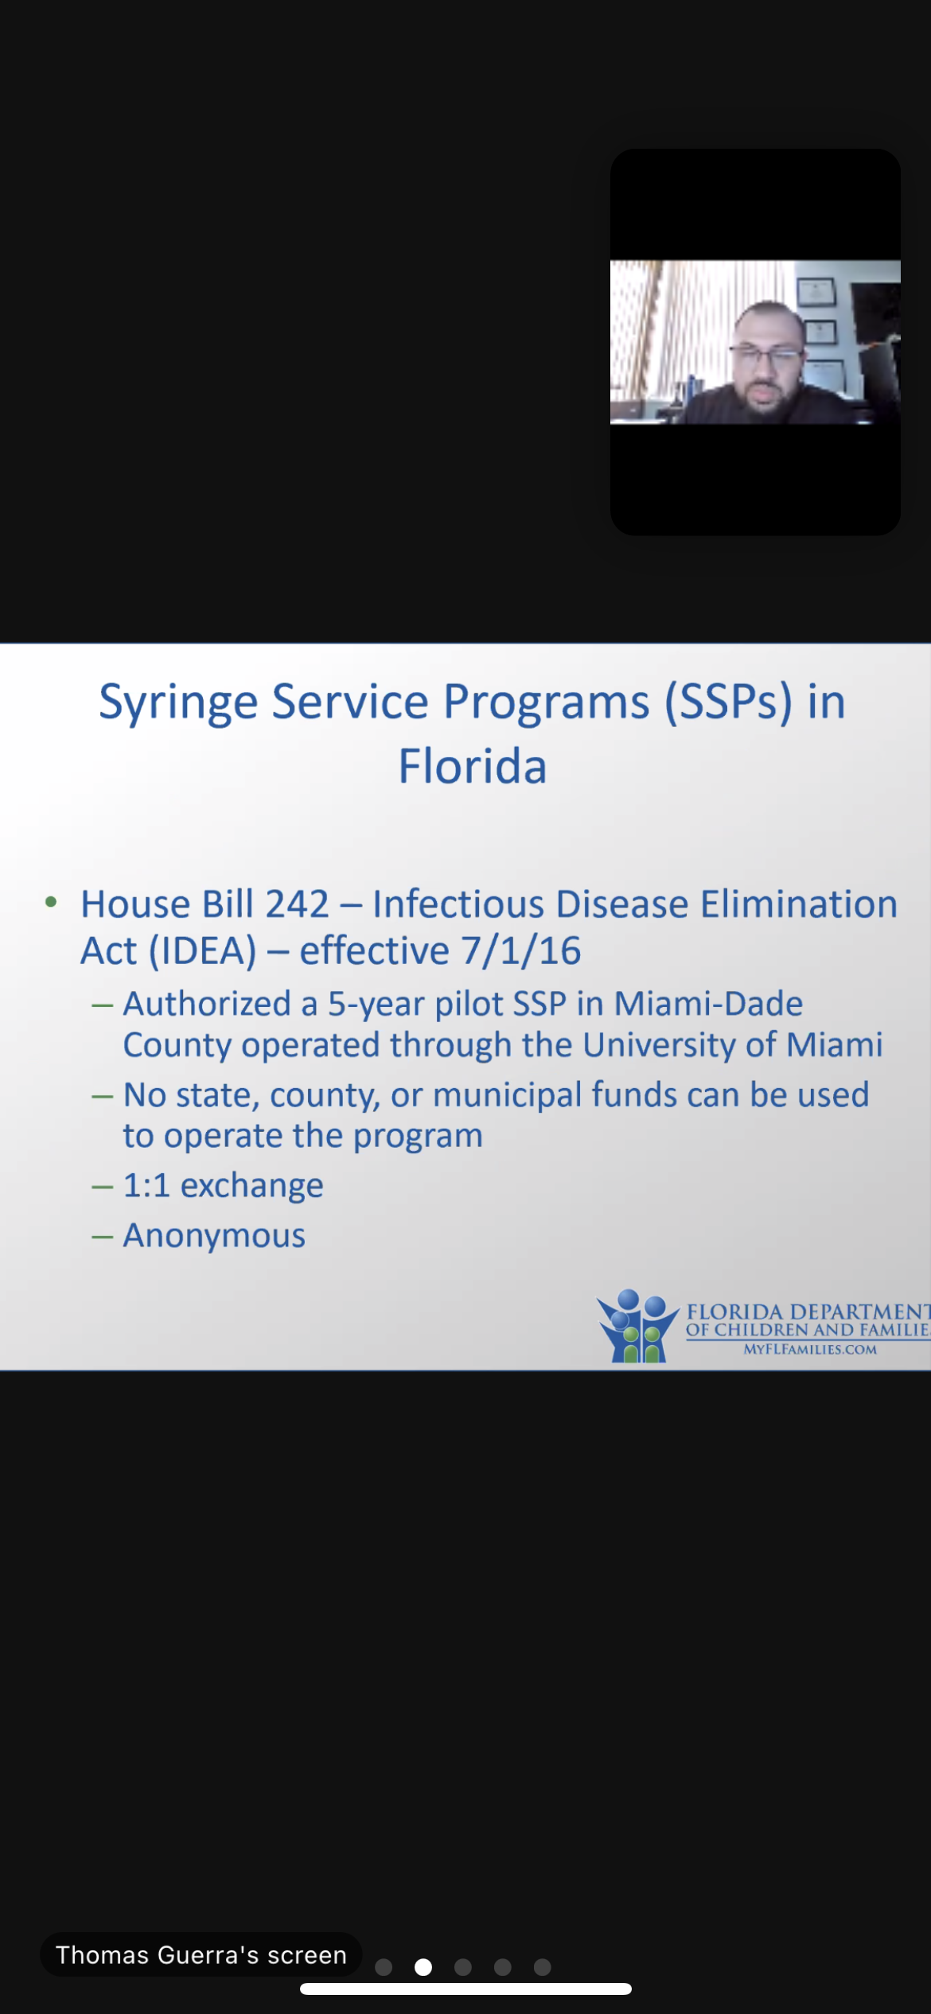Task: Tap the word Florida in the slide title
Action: tap(473, 766)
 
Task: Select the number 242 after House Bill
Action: tap(297, 904)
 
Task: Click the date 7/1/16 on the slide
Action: tap(521, 951)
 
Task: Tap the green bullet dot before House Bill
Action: tap(51, 902)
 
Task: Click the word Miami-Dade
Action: tap(708, 1004)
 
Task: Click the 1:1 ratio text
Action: tap(146, 1185)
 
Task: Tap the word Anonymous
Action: tap(214, 1235)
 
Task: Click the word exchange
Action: tap(252, 1186)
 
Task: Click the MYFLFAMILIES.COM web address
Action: tap(810, 1349)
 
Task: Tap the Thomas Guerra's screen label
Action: tap(201, 1954)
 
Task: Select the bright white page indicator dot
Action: tap(423, 1967)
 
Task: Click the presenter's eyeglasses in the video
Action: tap(766, 355)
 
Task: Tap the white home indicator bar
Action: tap(465, 1989)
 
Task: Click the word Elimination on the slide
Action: tap(799, 904)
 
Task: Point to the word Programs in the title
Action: tap(547, 704)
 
